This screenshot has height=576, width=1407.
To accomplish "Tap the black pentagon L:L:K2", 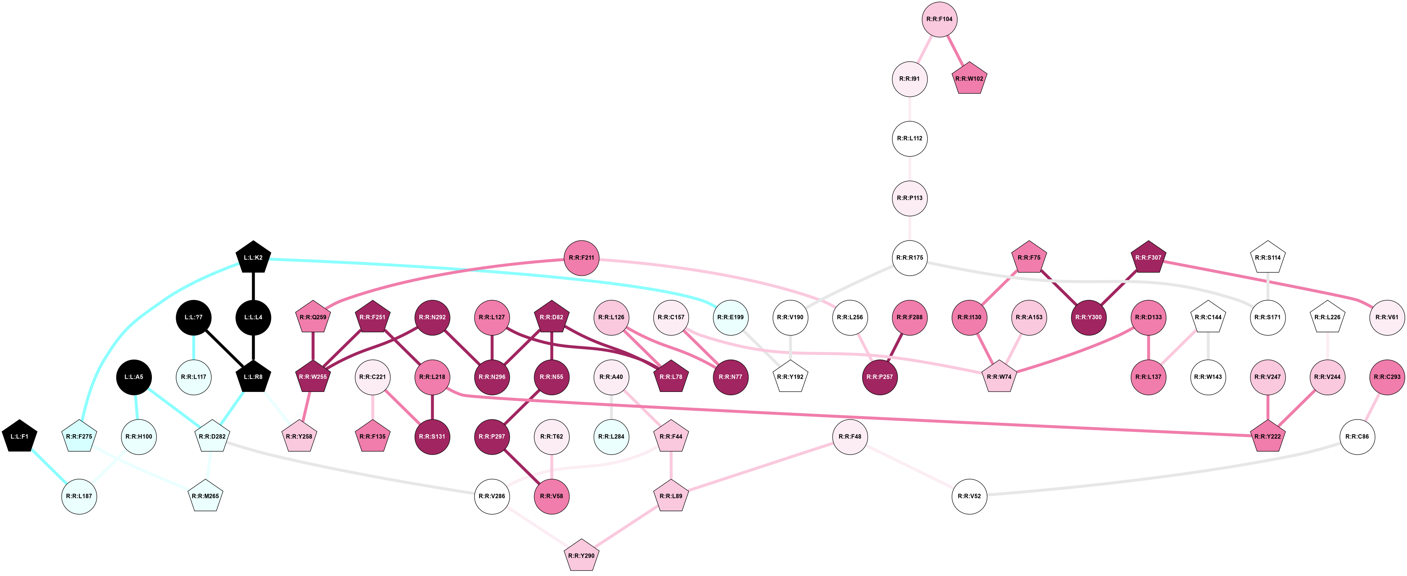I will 254,258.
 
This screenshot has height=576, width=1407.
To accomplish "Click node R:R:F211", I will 582,258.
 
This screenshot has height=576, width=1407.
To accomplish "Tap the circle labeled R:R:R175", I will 910,258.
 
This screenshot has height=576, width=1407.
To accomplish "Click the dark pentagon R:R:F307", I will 1149,258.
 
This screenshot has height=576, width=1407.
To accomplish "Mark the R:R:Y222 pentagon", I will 1268,437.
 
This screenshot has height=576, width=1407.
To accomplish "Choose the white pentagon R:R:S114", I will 1268,258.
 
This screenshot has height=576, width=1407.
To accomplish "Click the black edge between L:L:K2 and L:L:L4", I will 254,287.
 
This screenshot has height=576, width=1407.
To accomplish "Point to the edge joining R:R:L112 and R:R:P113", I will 910,168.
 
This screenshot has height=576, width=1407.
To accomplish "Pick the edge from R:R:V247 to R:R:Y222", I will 1268,407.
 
